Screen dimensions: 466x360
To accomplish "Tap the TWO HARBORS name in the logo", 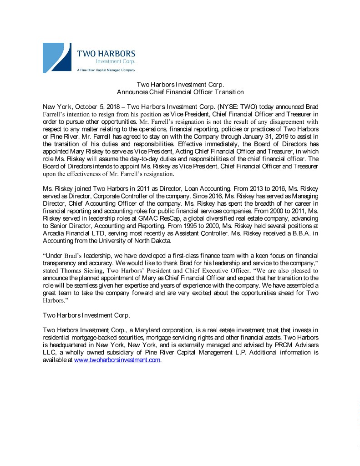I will pos(106,54).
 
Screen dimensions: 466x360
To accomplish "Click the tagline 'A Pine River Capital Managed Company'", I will pos(106,70).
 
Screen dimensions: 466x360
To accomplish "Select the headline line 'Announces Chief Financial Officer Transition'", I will pos(181,91).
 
